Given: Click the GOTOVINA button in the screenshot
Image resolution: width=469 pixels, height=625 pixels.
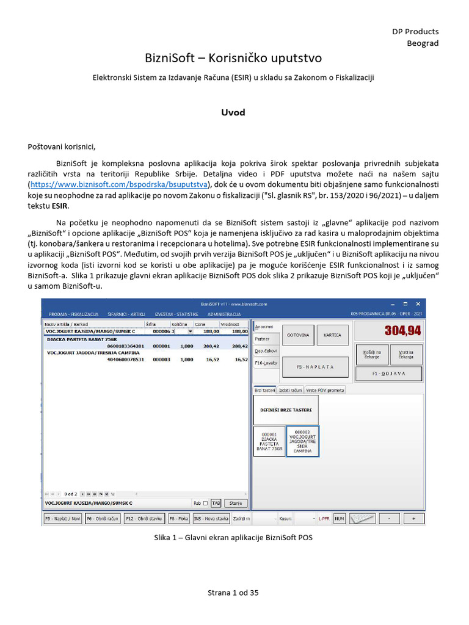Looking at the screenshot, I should pyautogui.click(x=298, y=336).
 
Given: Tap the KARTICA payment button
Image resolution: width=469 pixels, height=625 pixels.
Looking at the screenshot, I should pyautogui.click(x=332, y=336).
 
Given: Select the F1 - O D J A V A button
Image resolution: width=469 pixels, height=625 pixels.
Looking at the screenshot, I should pyautogui.click(x=388, y=373).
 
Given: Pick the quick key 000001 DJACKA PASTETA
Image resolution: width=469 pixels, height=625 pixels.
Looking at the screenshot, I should pyautogui.click(x=269, y=441).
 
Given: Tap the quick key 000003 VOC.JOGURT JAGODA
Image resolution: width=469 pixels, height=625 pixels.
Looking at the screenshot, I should pyautogui.click(x=303, y=441).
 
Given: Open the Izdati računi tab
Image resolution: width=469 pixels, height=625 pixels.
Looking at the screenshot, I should pyautogui.click(x=291, y=389).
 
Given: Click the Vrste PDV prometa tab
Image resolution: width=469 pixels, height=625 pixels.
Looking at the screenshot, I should pyautogui.click(x=326, y=389).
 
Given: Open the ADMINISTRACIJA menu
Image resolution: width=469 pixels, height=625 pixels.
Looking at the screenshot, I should pyautogui.click(x=224, y=313).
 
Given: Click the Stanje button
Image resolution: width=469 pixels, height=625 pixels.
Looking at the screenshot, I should pyautogui.click(x=235, y=504).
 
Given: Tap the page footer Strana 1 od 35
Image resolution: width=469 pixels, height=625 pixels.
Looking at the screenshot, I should pyautogui.click(x=234, y=592).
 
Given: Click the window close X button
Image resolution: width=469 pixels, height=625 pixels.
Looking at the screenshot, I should pyautogui.click(x=418, y=303).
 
